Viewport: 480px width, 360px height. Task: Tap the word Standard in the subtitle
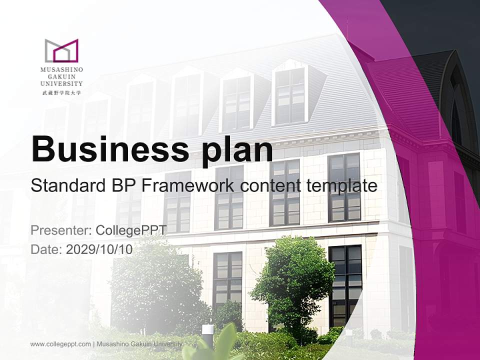[68, 185]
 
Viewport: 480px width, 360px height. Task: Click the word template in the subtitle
[341, 186]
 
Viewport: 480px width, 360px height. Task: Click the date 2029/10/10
[99, 249]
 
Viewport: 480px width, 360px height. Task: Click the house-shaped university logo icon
[61, 50]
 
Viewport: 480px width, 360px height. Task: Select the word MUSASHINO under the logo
[61, 70]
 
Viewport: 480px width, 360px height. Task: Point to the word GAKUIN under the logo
[61, 77]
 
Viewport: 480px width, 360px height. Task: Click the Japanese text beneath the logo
[61, 92]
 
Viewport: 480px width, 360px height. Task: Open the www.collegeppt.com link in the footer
[60, 344]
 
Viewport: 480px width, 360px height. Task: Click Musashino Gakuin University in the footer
[139, 344]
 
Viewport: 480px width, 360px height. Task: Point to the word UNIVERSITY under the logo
[61, 83]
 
